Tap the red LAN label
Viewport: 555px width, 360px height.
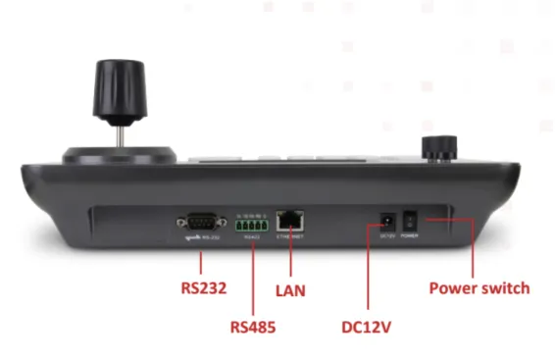(292, 290)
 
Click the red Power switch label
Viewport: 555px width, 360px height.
(479, 288)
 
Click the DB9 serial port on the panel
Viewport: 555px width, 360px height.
(198, 222)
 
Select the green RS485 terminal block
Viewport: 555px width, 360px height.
(252, 222)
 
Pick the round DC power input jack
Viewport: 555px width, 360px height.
(388, 219)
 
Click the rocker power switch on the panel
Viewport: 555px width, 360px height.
(412, 219)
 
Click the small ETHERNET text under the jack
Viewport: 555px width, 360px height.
(291, 236)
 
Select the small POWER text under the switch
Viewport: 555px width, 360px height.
(412, 235)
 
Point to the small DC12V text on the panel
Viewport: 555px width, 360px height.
(387, 235)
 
